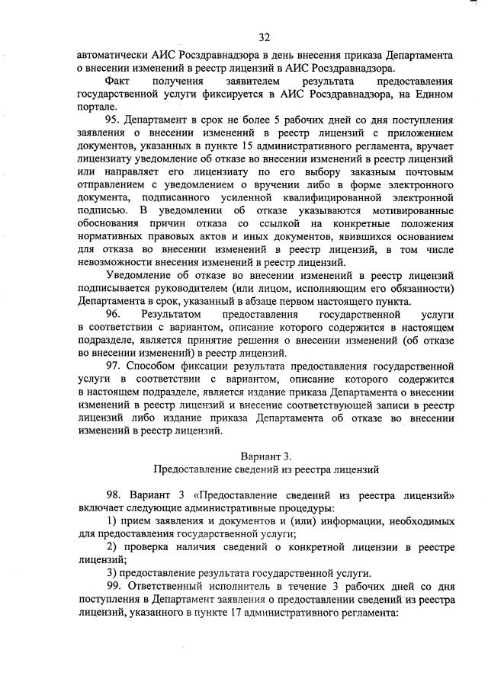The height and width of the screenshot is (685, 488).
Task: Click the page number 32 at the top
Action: (x=265, y=37)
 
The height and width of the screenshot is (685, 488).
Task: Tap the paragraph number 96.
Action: (x=113, y=314)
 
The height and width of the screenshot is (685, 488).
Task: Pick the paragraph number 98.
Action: (x=114, y=495)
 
